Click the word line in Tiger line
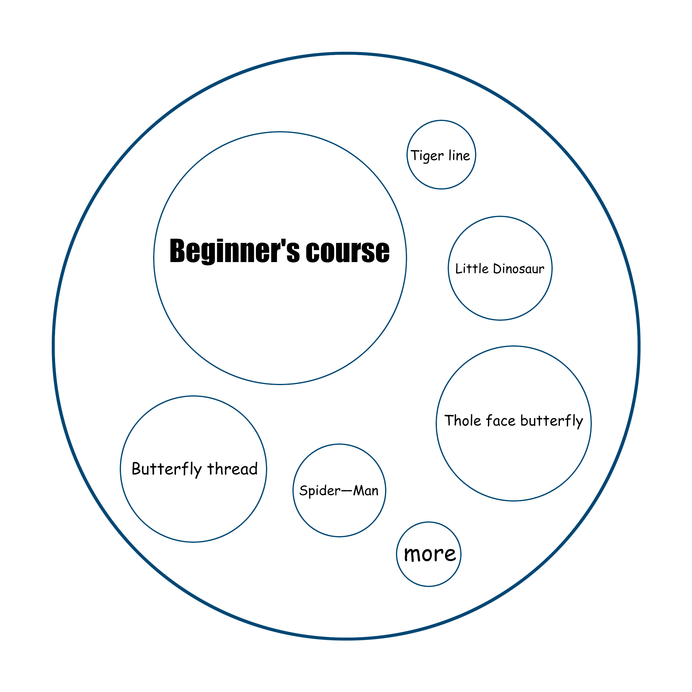click(x=459, y=156)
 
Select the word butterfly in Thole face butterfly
click(x=551, y=421)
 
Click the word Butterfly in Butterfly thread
click(x=167, y=469)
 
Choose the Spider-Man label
click(x=339, y=491)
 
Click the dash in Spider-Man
click(x=347, y=490)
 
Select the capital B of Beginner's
click(x=177, y=251)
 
